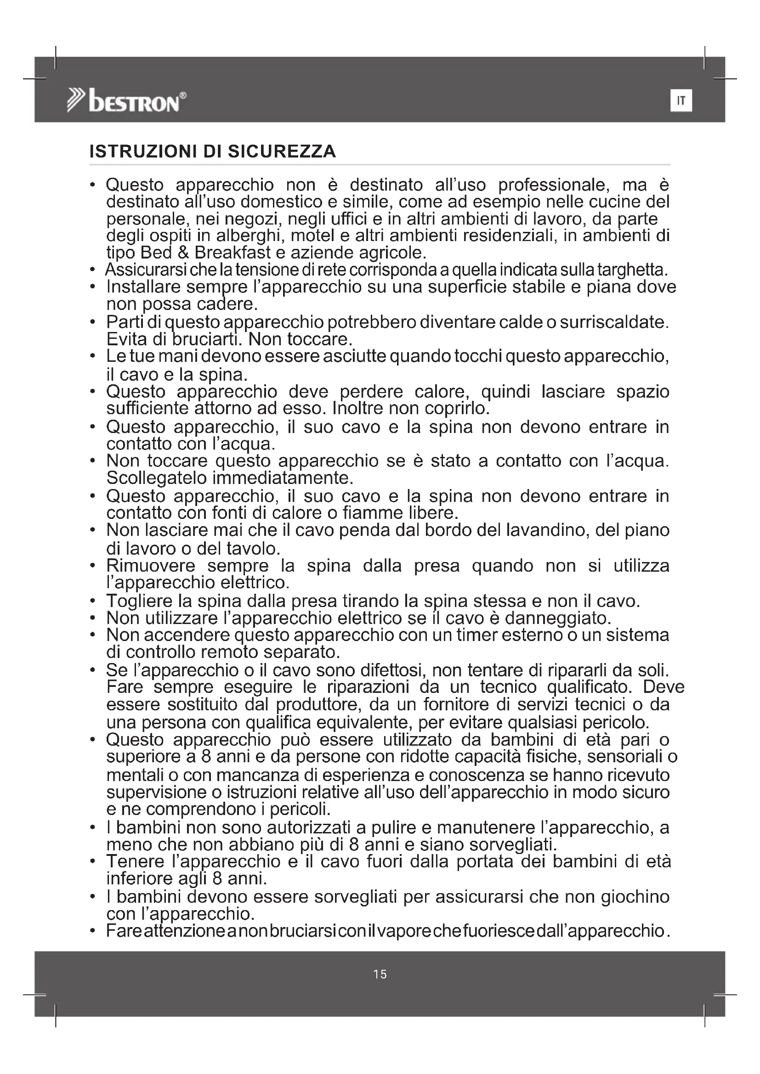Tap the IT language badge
(681, 101)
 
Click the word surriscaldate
(614, 322)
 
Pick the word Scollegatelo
(157, 478)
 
